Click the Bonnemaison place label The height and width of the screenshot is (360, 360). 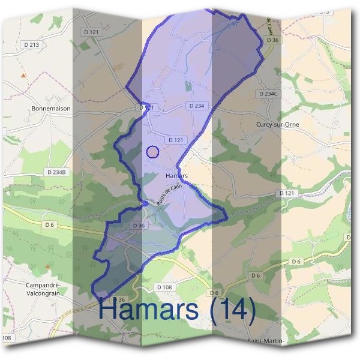pyautogui.click(x=50, y=109)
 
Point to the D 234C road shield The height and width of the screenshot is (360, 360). pyautogui.click(x=268, y=94)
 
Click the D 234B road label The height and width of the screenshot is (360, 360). pyautogui.click(x=58, y=172)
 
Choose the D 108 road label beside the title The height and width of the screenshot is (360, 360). pyautogui.click(x=164, y=288)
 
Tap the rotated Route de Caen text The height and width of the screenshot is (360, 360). pyautogui.click(x=169, y=194)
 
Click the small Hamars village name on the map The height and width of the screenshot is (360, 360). pyautogui.click(x=176, y=176)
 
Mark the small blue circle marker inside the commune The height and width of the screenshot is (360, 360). pyautogui.click(x=152, y=152)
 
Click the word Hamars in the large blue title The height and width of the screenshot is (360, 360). pyautogui.click(x=149, y=310)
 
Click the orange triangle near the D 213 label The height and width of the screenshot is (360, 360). pyautogui.click(x=23, y=76)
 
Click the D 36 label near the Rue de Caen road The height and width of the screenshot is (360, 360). pyautogui.click(x=272, y=40)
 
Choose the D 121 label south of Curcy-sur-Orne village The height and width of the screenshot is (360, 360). pyautogui.click(x=287, y=193)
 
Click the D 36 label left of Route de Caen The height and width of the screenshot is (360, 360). pyautogui.click(x=137, y=226)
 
